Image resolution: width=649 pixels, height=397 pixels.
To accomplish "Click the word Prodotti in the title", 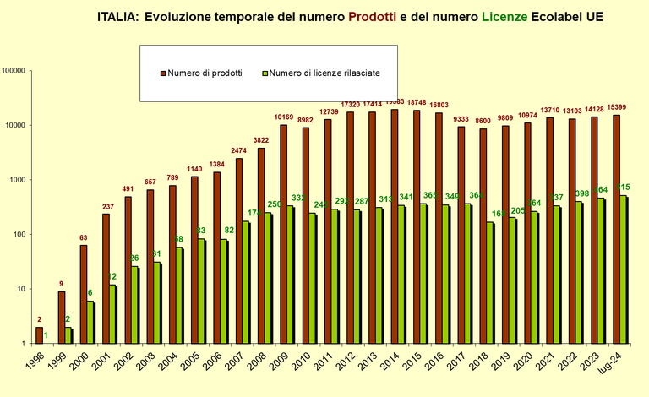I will pyautogui.click(x=367, y=16).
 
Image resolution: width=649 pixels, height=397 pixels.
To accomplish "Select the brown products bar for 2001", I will pyautogui.click(x=106, y=279).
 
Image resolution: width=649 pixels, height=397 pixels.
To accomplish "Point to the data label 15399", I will pyautogui.click(x=617, y=106).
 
